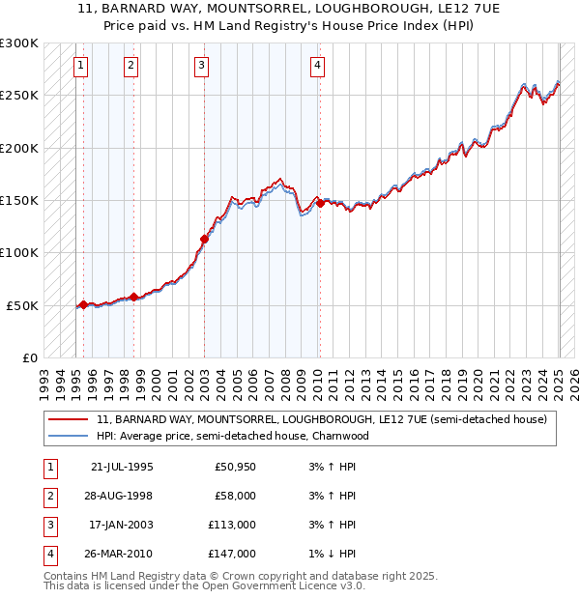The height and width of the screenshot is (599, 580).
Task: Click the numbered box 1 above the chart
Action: [80, 66]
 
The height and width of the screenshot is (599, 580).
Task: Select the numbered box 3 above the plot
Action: [201, 66]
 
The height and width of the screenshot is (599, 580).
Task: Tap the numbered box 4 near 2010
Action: [317, 66]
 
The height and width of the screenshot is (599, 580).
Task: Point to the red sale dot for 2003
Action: [204, 239]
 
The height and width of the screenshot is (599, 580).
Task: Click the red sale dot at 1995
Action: [83, 304]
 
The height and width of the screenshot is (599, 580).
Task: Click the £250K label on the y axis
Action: [18, 96]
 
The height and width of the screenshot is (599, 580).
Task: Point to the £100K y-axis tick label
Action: [18, 252]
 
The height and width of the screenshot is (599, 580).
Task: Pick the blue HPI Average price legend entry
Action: [233, 436]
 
